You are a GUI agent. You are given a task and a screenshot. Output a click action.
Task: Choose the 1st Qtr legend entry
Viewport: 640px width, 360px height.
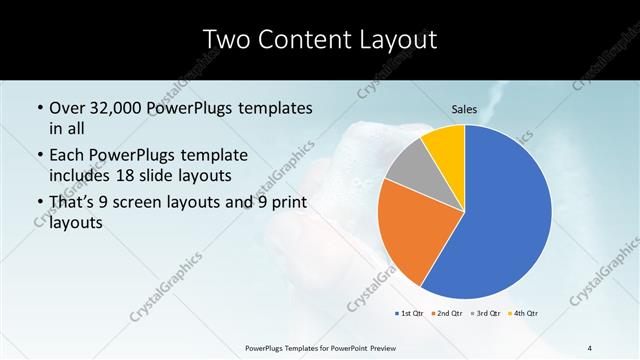point(409,313)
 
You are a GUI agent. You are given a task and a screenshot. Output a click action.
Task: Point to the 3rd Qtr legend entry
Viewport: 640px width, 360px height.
point(485,313)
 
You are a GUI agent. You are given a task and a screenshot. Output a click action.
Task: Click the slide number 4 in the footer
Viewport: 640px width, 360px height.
point(590,347)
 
